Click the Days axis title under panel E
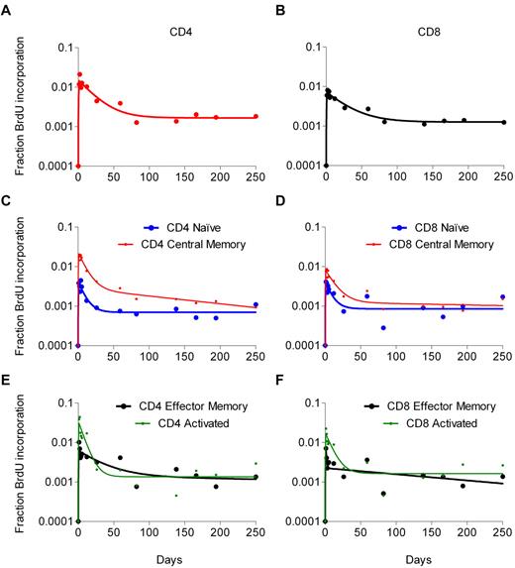pyautogui.click(x=165, y=557)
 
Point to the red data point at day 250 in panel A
pyautogui.click(x=255, y=116)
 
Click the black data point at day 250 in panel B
pyautogui.click(x=502, y=120)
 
